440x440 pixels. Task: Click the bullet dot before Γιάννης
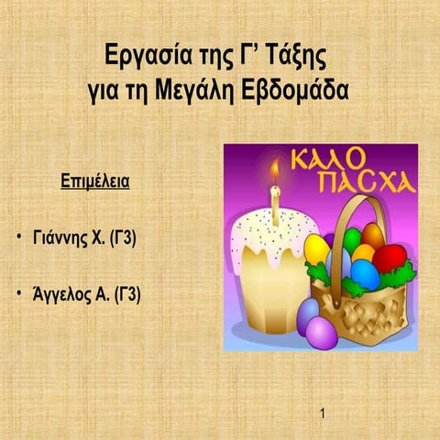pyautogui.click(x=19, y=242)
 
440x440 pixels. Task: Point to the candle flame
pyautogui.click(x=273, y=171)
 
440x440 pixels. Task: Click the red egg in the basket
pyautogui.click(x=390, y=258)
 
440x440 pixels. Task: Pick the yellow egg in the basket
pyautogui.click(x=316, y=248)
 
